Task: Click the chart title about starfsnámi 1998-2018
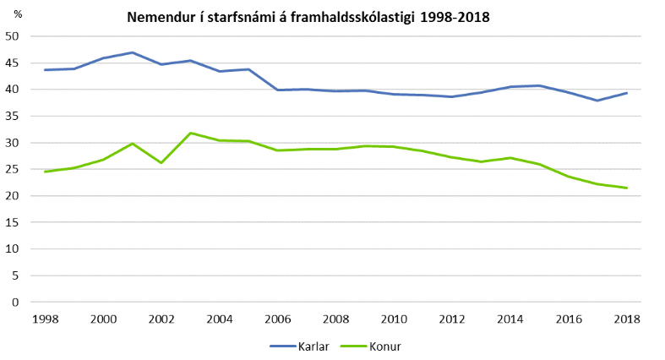click(x=308, y=17)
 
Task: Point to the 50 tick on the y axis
click(x=13, y=36)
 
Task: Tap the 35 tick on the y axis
click(x=13, y=117)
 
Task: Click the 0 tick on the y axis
click(x=16, y=302)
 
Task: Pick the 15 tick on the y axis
click(x=13, y=222)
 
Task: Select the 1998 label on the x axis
click(x=46, y=319)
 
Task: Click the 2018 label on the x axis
click(x=625, y=319)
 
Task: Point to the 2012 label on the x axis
click(x=451, y=319)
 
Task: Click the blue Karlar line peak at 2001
click(x=133, y=52)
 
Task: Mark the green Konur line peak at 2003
click(x=191, y=133)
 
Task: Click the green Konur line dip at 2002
click(x=161, y=162)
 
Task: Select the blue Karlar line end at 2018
click(x=625, y=93)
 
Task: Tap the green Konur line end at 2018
click(x=625, y=188)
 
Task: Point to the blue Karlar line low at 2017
click(x=597, y=101)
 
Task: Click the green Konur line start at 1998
click(x=46, y=172)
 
